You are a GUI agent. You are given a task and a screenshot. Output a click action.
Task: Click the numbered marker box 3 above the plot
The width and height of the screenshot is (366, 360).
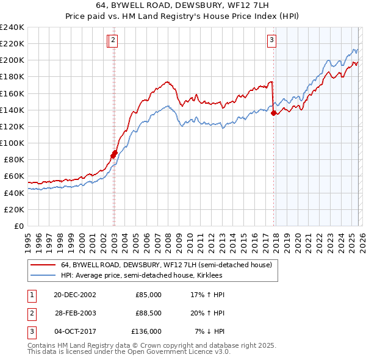coord(271,41)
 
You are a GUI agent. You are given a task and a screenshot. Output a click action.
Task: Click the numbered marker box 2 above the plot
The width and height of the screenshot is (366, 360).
coord(114,41)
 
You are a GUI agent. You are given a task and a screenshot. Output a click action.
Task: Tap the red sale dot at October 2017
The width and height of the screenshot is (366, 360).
coord(274,113)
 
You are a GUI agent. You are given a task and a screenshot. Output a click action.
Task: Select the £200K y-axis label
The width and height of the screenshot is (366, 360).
coord(12,60)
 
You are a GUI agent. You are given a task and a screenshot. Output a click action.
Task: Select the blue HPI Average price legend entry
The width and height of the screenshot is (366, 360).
coord(141,276)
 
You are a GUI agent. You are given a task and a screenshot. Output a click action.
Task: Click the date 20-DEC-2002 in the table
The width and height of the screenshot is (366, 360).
coord(74,294)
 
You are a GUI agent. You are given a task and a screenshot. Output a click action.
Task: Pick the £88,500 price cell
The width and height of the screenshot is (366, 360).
coord(148,313)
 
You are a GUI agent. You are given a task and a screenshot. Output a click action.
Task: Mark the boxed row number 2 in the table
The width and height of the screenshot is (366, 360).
coord(30,313)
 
